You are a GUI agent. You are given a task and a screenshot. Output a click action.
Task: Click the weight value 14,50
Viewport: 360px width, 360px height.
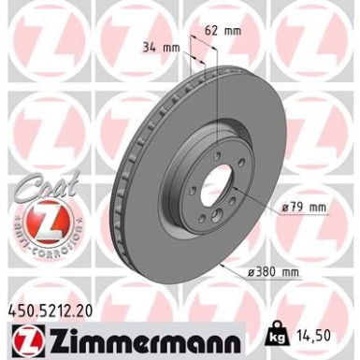[315, 331]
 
